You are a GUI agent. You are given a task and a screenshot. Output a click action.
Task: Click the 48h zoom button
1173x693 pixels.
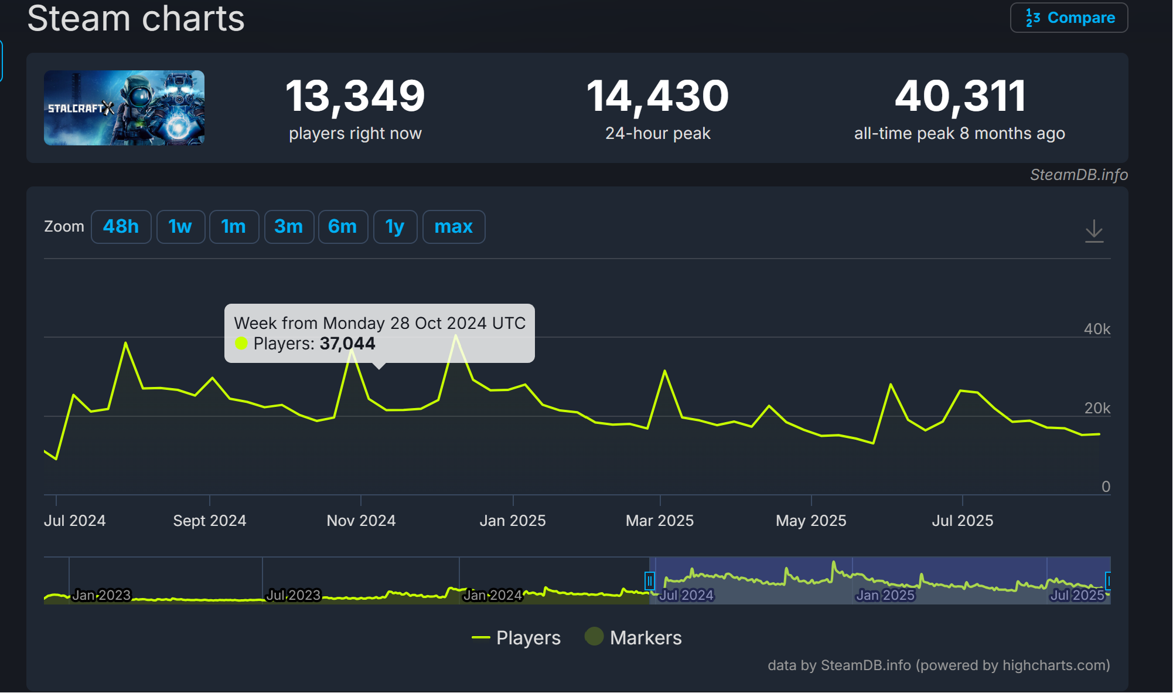coord(121,227)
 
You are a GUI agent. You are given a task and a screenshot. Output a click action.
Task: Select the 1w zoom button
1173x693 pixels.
coord(180,227)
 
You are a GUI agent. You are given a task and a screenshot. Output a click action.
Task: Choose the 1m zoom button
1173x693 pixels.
coord(234,227)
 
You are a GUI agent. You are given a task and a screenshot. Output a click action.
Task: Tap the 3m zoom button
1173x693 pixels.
coord(289,227)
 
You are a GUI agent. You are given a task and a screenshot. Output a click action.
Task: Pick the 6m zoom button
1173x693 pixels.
coord(343,227)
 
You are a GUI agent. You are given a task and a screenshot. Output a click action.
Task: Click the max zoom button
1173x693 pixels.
coord(453,227)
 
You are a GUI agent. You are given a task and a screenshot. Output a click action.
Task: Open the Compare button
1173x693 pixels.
coord(1069,18)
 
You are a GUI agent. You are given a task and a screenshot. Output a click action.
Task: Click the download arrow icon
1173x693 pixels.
coord(1094,231)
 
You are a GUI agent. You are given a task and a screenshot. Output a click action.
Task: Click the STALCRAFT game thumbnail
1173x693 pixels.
coord(124,108)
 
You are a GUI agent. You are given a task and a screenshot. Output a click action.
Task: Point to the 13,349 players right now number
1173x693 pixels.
coord(355,96)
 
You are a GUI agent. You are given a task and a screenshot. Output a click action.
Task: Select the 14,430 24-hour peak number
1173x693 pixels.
coord(657,96)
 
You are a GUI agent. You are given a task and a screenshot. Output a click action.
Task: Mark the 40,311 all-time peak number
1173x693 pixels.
coord(960,96)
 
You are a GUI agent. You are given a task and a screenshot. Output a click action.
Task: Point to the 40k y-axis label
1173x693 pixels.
coord(1097,329)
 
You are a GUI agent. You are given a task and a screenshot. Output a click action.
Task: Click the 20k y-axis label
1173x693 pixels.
coord(1097,408)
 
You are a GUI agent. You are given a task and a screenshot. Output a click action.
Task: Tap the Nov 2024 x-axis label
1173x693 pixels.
coord(361,521)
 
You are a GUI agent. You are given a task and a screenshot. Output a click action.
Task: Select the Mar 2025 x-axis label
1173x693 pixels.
coord(660,521)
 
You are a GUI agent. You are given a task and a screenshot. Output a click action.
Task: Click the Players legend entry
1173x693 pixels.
coord(517,638)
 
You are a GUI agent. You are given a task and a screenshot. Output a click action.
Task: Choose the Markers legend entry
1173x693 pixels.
coord(634,638)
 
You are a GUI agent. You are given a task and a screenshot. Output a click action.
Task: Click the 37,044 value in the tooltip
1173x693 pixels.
coord(347,344)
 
